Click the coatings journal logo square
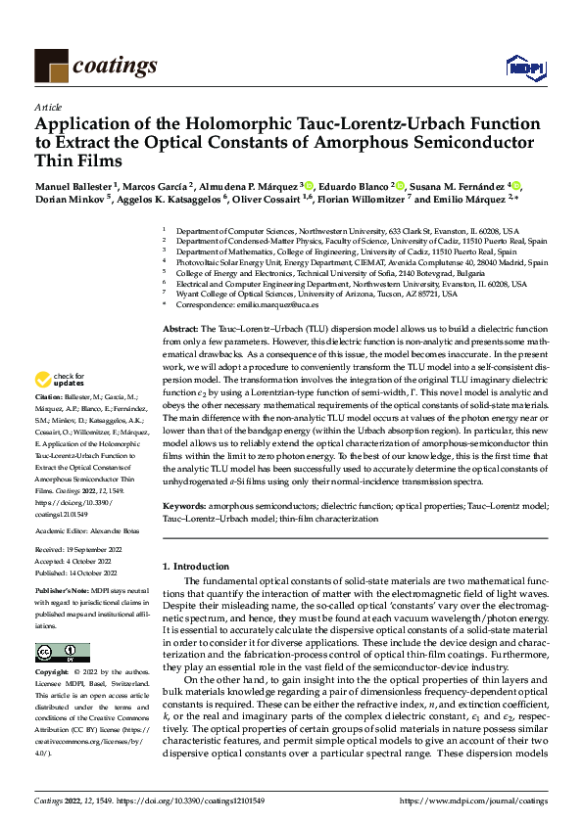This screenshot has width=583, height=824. point(51,66)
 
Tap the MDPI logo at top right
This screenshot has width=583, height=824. point(523,67)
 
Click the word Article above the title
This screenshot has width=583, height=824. point(48,107)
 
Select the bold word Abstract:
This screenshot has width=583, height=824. point(180,330)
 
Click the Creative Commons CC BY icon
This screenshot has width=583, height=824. point(62,654)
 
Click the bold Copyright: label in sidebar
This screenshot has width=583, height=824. point(53,673)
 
